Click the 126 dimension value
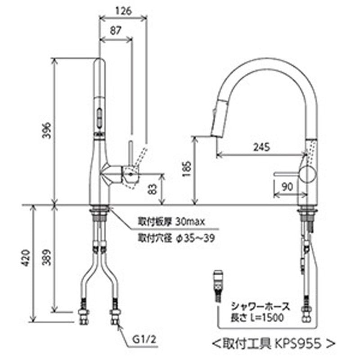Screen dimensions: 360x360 (x=123, y=12)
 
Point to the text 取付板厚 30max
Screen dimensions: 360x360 (x=171, y=221)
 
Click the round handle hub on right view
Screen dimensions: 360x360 (x=308, y=173)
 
